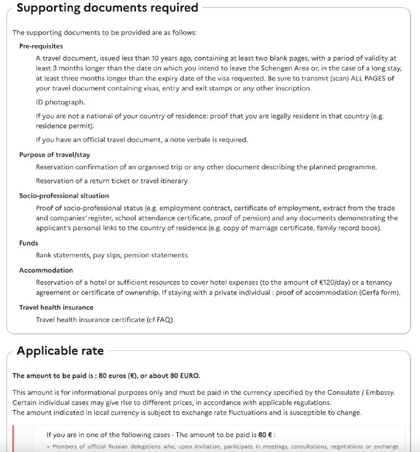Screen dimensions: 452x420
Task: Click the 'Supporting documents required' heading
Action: click(x=107, y=8)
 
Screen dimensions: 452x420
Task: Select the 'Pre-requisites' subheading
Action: click(x=41, y=46)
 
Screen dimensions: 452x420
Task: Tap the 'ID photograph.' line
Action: click(x=60, y=102)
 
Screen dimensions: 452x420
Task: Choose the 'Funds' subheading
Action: click(x=28, y=242)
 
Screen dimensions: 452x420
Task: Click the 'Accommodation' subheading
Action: click(x=46, y=270)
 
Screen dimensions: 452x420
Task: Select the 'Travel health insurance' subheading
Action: click(x=56, y=307)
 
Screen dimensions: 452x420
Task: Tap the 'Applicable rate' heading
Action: click(x=60, y=351)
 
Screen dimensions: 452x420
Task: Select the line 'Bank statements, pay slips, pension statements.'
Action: click(x=112, y=255)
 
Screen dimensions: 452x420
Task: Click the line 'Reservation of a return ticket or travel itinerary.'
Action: click(x=112, y=181)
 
